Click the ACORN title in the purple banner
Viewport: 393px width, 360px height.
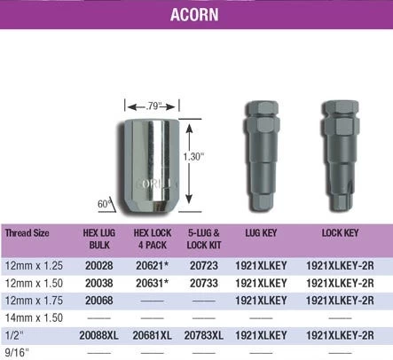[x=194, y=15]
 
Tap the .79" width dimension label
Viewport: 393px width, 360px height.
[x=153, y=106]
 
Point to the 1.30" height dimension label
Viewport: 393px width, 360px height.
[x=193, y=157]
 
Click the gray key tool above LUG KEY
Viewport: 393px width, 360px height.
[x=262, y=156]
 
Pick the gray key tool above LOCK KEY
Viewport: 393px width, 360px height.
[x=340, y=156]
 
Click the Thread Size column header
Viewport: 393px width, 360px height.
[x=27, y=233]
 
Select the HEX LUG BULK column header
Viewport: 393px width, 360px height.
[x=99, y=239]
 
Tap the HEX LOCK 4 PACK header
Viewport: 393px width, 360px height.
[x=153, y=239]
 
